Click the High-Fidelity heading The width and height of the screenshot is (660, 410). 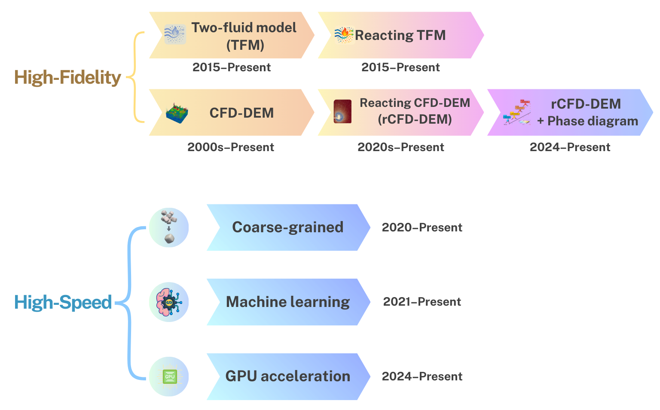click(67, 78)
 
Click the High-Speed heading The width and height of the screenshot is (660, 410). click(63, 302)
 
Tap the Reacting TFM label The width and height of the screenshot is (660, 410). click(400, 35)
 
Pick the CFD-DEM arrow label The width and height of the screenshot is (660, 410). click(241, 113)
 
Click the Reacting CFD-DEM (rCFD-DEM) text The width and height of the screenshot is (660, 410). click(415, 111)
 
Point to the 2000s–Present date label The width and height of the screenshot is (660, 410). click(231, 147)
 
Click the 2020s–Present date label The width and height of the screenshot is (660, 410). click(401, 147)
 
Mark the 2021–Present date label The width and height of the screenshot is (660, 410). click(422, 302)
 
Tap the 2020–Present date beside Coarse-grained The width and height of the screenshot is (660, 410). click(422, 228)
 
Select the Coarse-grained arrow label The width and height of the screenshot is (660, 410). click(287, 228)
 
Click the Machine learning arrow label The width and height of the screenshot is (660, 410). click(287, 302)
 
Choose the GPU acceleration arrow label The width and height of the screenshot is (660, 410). click(287, 377)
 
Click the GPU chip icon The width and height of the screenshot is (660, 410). click(169, 377)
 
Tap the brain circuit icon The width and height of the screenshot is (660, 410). click(169, 302)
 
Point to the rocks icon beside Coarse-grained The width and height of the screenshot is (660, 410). click(169, 228)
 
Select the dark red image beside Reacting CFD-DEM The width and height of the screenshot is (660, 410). click(342, 112)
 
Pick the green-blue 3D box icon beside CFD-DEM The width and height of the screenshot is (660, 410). click(177, 113)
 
